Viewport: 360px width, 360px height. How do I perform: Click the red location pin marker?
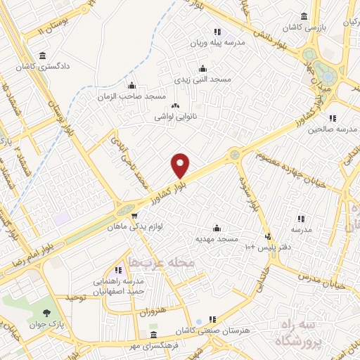point(181,165)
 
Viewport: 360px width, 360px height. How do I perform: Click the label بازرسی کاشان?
point(304,27)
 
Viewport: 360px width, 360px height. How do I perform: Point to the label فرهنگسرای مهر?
point(155,346)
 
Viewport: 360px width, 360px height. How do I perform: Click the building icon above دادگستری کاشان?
point(44,56)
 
